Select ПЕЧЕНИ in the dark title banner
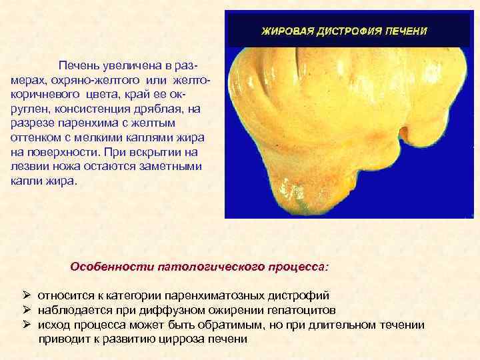[405, 31]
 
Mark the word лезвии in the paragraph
[31, 167]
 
